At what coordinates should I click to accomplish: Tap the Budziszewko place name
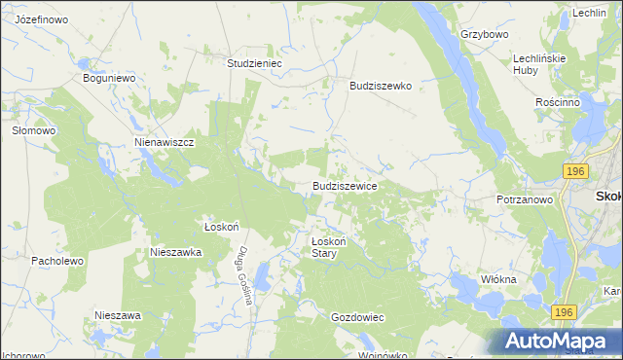click(381, 86)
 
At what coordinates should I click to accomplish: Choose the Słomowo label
click(31, 129)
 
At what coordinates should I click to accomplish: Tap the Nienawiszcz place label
click(165, 142)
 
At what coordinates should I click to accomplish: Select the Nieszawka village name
click(175, 251)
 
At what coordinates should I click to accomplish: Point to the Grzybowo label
click(485, 34)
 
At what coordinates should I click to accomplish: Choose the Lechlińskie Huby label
click(539, 64)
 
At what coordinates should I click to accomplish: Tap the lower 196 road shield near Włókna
click(562, 312)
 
